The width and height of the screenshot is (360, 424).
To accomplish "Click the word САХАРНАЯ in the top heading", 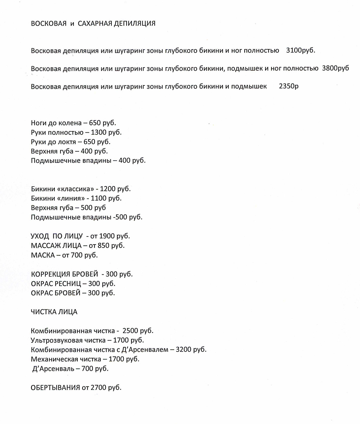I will (95, 24).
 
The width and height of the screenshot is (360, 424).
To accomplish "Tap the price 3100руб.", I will (301, 50).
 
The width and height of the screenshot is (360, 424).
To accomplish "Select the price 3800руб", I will (335, 68).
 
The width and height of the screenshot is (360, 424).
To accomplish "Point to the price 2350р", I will (289, 86).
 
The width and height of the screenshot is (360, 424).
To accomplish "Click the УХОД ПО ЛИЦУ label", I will (57, 236).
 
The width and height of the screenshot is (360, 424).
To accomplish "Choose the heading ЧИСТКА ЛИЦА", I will (54, 312).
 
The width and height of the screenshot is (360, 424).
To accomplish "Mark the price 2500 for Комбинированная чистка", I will (130, 331).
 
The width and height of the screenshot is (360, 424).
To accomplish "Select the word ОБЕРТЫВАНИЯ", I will (56, 388).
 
